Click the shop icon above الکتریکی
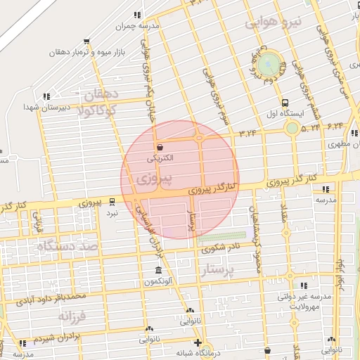coord(160,148)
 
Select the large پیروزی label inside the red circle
coord(146,180)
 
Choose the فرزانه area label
coord(72,317)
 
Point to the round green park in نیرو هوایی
coord(268,65)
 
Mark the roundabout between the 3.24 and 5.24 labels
coord(291,128)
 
